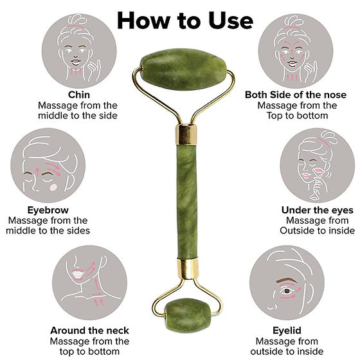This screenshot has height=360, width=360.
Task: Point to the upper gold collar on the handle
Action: (184, 133)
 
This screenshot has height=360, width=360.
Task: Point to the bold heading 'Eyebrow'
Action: (48, 210)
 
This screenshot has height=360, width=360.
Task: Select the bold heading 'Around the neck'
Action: (89, 330)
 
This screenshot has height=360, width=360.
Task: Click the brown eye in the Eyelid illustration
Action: (285, 291)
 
